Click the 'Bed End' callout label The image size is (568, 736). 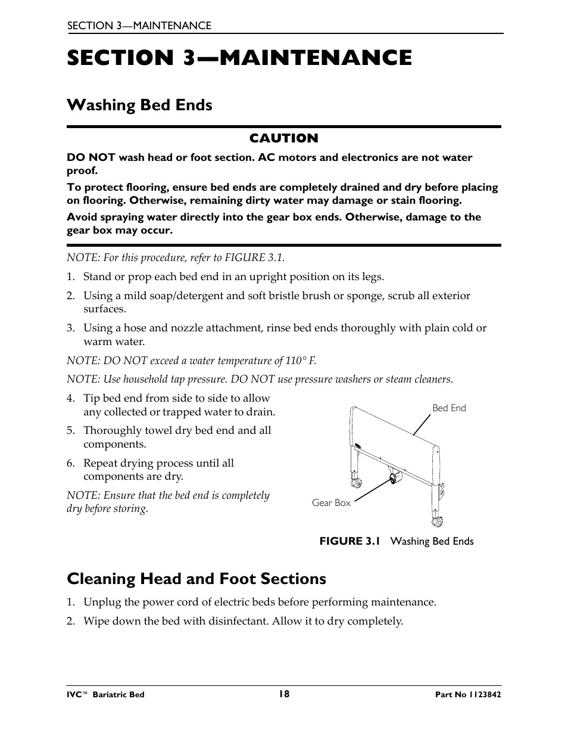point(449,408)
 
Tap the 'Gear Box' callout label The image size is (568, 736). point(331,503)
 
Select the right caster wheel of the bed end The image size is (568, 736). point(436,523)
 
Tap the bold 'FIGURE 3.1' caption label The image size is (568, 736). point(349,541)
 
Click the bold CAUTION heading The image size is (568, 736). point(283,138)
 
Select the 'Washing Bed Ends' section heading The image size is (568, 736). point(139,105)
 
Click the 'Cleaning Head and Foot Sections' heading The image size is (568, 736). point(196,579)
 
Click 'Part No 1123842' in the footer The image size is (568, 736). point(464,695)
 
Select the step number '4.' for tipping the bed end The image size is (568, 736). point(71,399)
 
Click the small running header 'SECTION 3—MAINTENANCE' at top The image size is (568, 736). point(139,26)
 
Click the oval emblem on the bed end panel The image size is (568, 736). point(357,446)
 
